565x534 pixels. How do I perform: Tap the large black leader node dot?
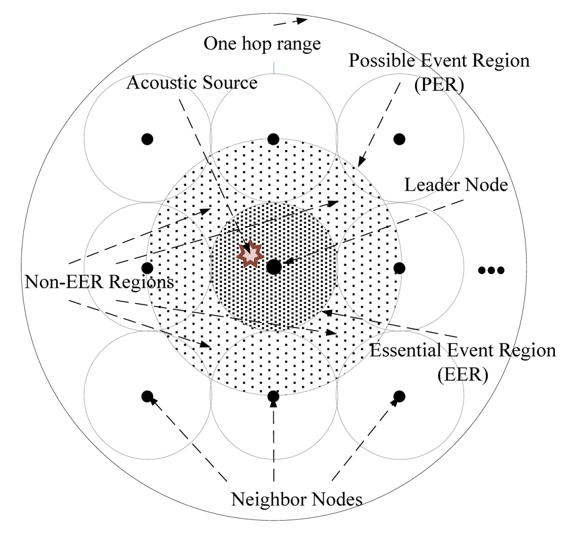coord(274,267)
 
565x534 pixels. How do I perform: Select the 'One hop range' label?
coord(262,43)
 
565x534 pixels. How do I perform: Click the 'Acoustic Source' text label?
coord(192,83)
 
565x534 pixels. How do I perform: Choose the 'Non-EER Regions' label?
coord(99,281)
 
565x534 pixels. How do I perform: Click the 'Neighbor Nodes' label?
coord(297,500)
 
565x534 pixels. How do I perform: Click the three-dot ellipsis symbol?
coord(491,270)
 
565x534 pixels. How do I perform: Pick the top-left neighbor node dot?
coord(147,139)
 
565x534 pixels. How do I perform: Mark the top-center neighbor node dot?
coord(273,139)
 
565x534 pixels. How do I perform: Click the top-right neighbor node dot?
coord(399,139)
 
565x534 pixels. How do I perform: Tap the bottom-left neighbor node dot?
coord(147,396)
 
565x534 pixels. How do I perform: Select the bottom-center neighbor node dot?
coord(273,396)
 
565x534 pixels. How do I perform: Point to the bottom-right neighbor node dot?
coord(399,396)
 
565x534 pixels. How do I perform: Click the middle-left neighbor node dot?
coord(148,267)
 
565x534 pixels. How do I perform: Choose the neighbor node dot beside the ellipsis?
coord(399,267)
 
